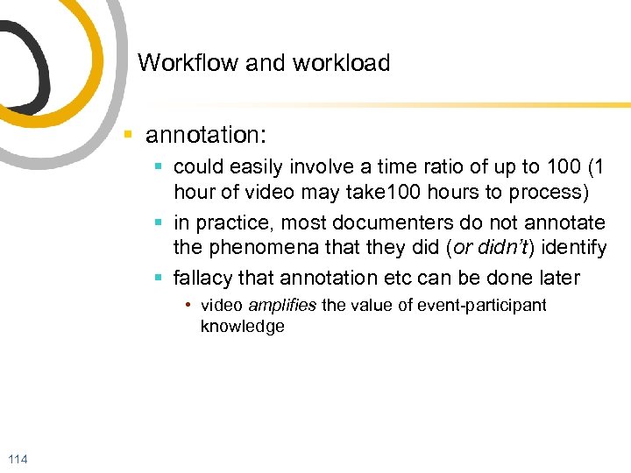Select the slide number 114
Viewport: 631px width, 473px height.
pos(17,460)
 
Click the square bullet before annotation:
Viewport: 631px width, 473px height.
pos(128,136)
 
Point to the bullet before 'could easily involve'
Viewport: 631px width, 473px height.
pos(158,166)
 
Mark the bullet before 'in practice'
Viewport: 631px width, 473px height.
pos(158,222)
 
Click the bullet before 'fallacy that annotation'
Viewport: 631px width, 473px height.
pos(158,279)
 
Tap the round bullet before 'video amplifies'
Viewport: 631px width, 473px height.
pos(188,306)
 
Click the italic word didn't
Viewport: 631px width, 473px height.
pos(497,249)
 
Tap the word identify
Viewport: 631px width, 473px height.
pos(575,249)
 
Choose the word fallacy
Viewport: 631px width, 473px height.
pos(203,279)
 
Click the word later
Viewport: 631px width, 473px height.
pos(557,279)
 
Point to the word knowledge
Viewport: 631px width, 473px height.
pos(243,327)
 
